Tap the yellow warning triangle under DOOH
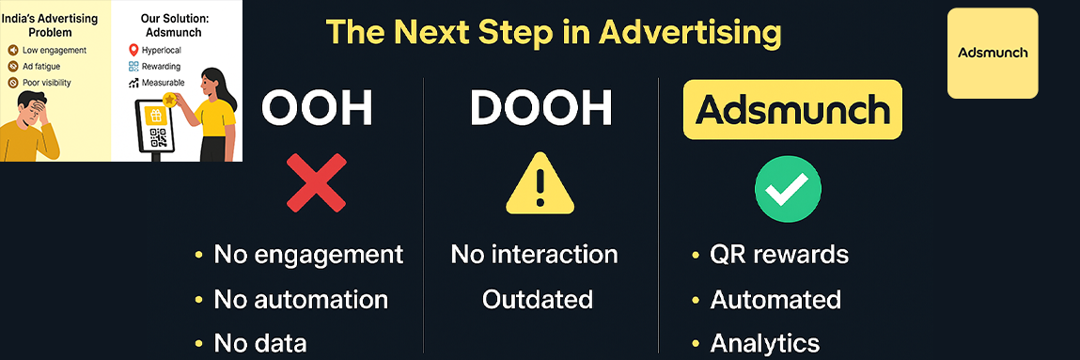(x=540, y=183)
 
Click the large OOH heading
(x=317, y=109)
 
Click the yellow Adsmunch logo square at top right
(x=993, y=53)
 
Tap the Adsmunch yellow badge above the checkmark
(x=792, y=110)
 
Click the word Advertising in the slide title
(x=690, y=33)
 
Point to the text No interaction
(x=534, y=254)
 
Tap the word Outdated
(x=538, y=299)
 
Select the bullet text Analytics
(x=765, y=343)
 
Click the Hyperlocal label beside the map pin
(x=162, y=49)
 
